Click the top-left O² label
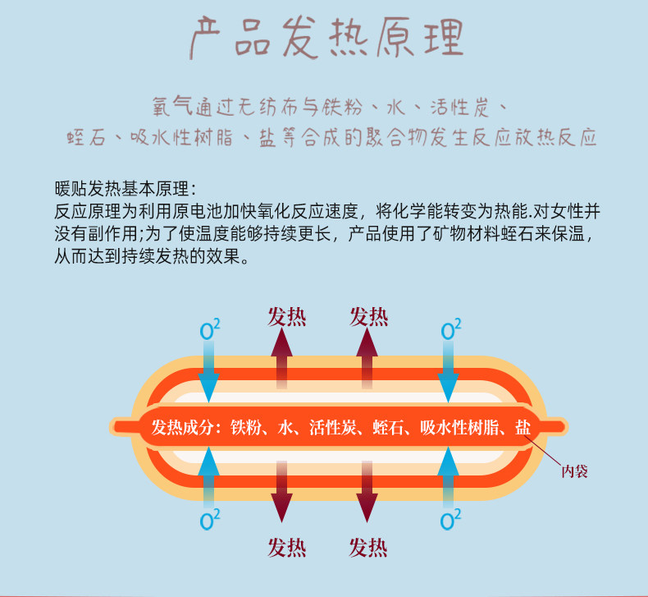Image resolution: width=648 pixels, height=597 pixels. (x=210, y=331)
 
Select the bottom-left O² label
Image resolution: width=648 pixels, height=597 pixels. (x=210, y=520)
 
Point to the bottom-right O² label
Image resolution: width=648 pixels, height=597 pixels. (x=450, y=520)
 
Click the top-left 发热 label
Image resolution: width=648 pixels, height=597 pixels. (x=286, y=316)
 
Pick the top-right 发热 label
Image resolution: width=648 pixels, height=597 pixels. (x=368, y=316)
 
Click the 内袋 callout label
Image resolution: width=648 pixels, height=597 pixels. (x=574, y=471)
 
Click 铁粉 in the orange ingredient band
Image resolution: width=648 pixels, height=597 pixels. (x=245, y=427)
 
